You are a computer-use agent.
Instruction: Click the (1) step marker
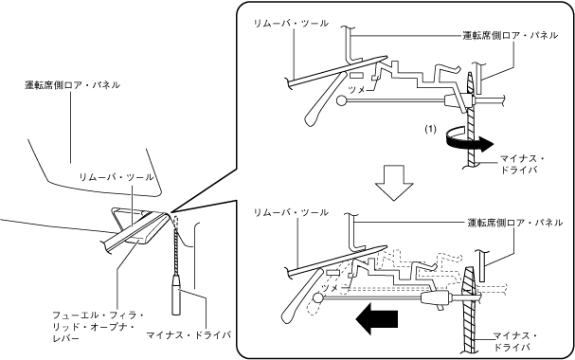[x=431, y=130]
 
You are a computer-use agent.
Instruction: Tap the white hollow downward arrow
[x=394, y=183]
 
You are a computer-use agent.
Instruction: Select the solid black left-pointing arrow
[x=377, y=319]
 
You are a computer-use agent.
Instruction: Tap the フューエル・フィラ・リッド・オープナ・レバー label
[x=98, y=326]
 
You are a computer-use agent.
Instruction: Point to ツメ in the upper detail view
[x=356, y=89]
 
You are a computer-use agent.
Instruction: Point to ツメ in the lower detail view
[x=330, y=288]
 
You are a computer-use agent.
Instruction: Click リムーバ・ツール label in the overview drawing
[x=117, y=177]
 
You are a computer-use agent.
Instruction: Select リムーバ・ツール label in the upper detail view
[x=291, y=24]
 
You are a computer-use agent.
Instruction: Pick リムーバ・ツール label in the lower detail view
[x=291, y=212]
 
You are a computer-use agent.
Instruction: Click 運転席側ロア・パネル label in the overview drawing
[x=72, y=85]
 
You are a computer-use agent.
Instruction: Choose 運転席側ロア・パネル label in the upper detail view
[x=510, y=36]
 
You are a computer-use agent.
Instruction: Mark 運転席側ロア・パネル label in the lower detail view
[x=515, y=223]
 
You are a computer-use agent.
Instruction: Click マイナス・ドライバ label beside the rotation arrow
[x=522, y=165]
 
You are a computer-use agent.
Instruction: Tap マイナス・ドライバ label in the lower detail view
[x=515, y=341]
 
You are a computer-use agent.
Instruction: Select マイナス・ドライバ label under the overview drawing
[x=189, y=335]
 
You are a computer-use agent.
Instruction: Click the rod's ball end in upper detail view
[x=342, y=100]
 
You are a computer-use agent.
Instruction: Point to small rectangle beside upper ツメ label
[x=356, y=76]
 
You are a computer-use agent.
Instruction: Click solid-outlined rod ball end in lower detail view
[x=317, y=297]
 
